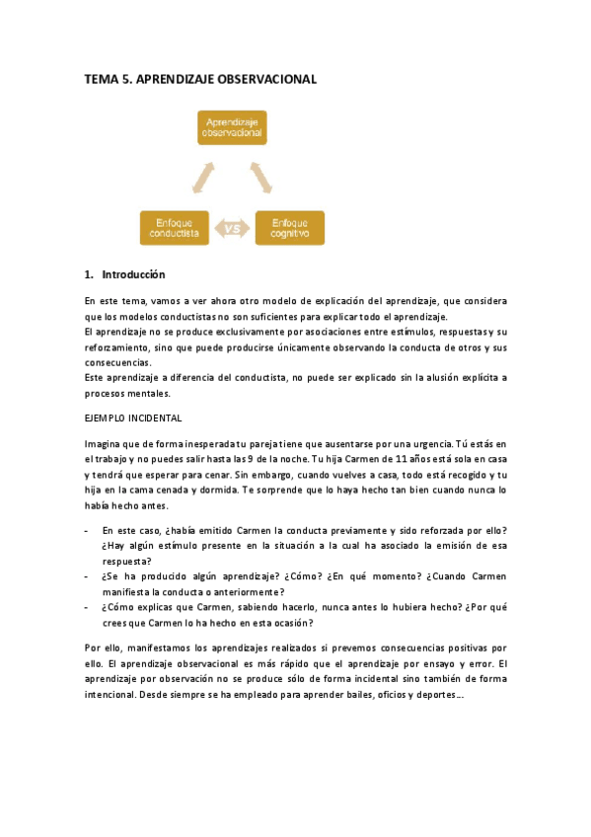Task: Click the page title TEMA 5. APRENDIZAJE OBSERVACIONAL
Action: coord(200,80)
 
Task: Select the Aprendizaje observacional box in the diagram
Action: coord(231,126)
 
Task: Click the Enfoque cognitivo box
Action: coord(290,228)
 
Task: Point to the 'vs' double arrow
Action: coord(233,229)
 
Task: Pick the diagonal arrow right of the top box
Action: coord(261,178)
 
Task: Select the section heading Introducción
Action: coord(133,274)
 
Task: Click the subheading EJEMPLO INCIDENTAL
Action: coord(133,418)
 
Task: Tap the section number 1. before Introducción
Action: coord(89,274)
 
